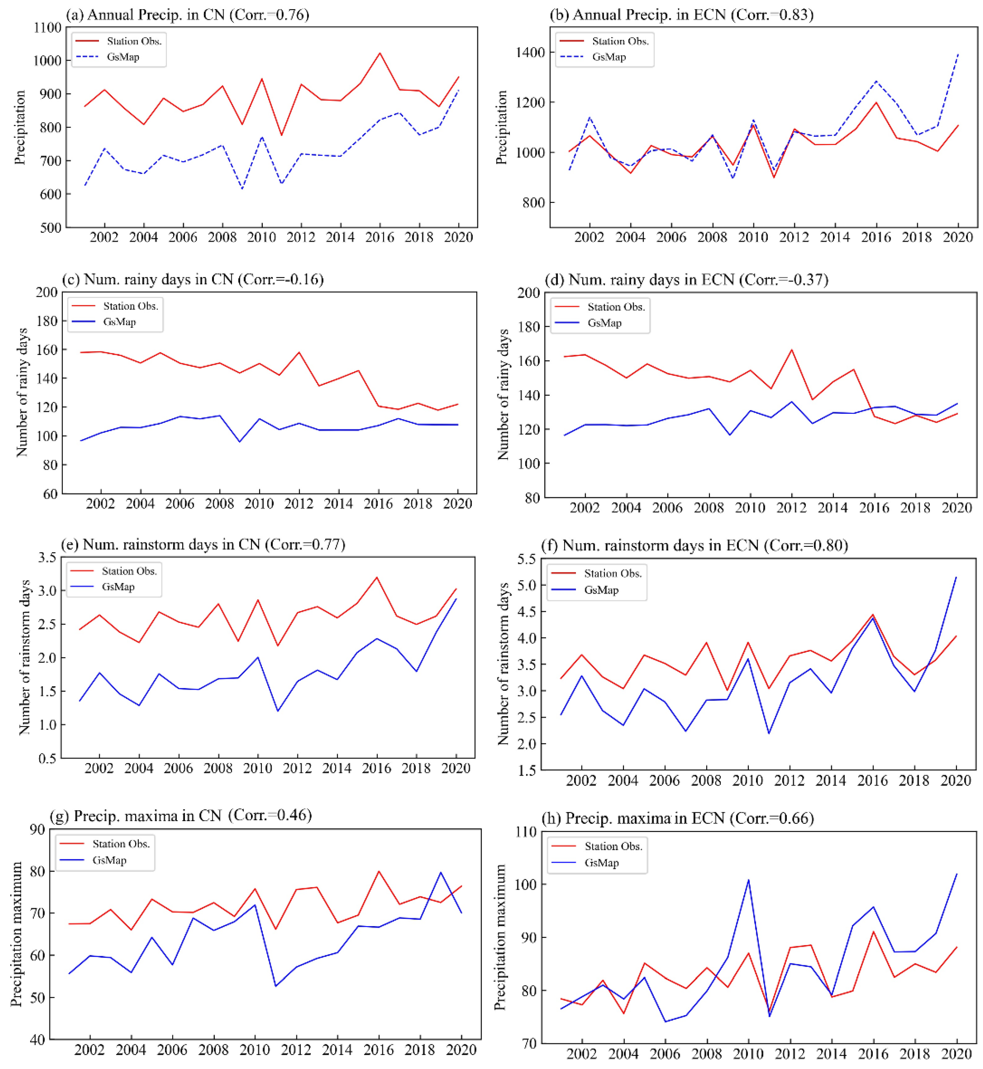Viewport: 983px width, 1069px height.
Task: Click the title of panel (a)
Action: click(187, 14)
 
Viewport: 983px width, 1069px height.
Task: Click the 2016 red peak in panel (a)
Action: click(380, 52)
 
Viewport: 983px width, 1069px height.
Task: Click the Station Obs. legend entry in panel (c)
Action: click(130, 306)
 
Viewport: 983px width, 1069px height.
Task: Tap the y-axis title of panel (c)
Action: click(22, 392)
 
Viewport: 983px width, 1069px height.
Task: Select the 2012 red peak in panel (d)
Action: click(792, 349)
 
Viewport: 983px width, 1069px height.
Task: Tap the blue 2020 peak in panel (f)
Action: click(956, 577)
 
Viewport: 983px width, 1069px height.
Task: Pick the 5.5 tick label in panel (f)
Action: click(527, 559)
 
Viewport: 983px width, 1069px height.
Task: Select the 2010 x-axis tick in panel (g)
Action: click(254, 1049)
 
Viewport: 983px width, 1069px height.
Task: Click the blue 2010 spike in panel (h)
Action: click(748, 880)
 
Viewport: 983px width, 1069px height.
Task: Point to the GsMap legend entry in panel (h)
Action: click(601, 863)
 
